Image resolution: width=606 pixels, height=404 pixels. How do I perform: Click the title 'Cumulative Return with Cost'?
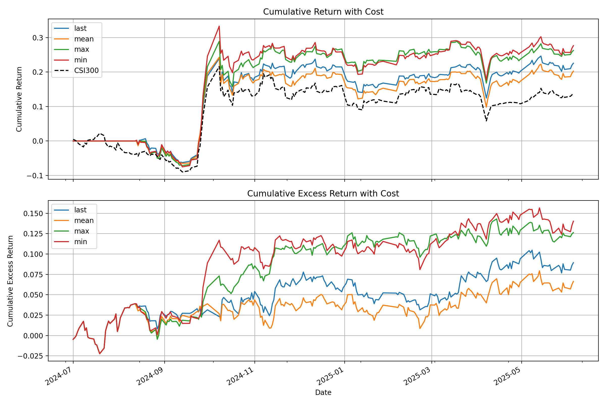click(323, 12)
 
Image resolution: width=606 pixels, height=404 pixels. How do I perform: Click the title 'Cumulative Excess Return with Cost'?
click(323, 193)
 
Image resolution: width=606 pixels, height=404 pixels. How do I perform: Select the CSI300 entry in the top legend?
click(86, 71)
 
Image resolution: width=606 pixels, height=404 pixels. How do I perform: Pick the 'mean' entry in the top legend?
click(84, 39)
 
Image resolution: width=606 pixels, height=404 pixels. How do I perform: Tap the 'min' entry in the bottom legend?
click(80, 242)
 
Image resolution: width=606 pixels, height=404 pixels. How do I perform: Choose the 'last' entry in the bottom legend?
click(80, 210)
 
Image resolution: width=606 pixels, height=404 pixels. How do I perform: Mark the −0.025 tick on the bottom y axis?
click(30, 356)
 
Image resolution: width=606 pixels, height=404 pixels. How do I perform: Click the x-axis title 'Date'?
click(323, 392)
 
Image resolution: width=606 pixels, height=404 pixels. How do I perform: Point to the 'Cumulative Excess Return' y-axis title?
click(10, 281)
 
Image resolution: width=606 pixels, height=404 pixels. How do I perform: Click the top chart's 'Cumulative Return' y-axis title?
click(19, 99)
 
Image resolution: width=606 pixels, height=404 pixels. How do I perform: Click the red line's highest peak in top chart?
click(219, 26)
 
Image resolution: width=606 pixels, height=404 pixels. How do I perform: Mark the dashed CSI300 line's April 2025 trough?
click(486, 121)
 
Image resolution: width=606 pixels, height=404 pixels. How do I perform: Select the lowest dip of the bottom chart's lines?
click(100, 353)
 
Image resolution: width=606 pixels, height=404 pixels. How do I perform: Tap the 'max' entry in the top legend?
click(81, 49)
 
